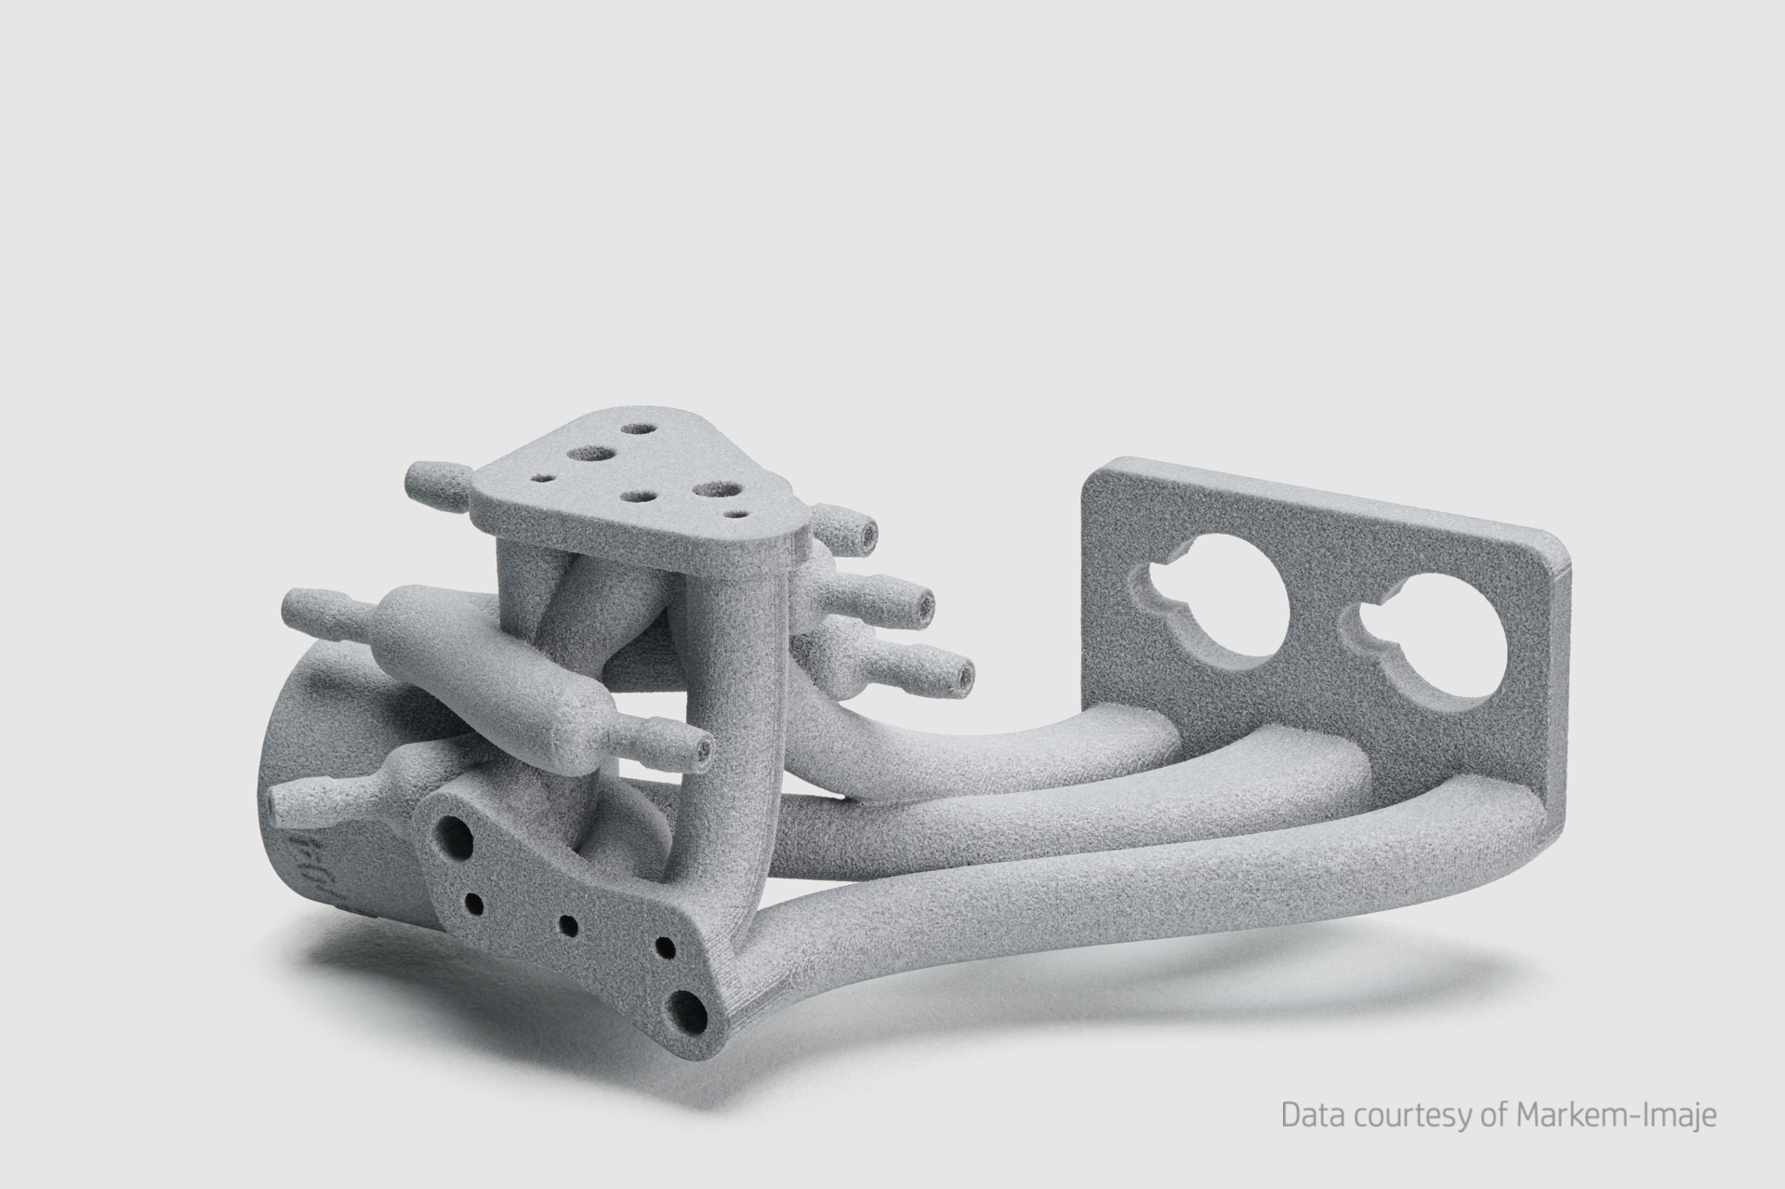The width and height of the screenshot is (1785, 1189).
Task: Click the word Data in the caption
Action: pos(1307,1115)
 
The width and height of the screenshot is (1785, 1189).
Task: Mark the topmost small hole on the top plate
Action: pos(639,431)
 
